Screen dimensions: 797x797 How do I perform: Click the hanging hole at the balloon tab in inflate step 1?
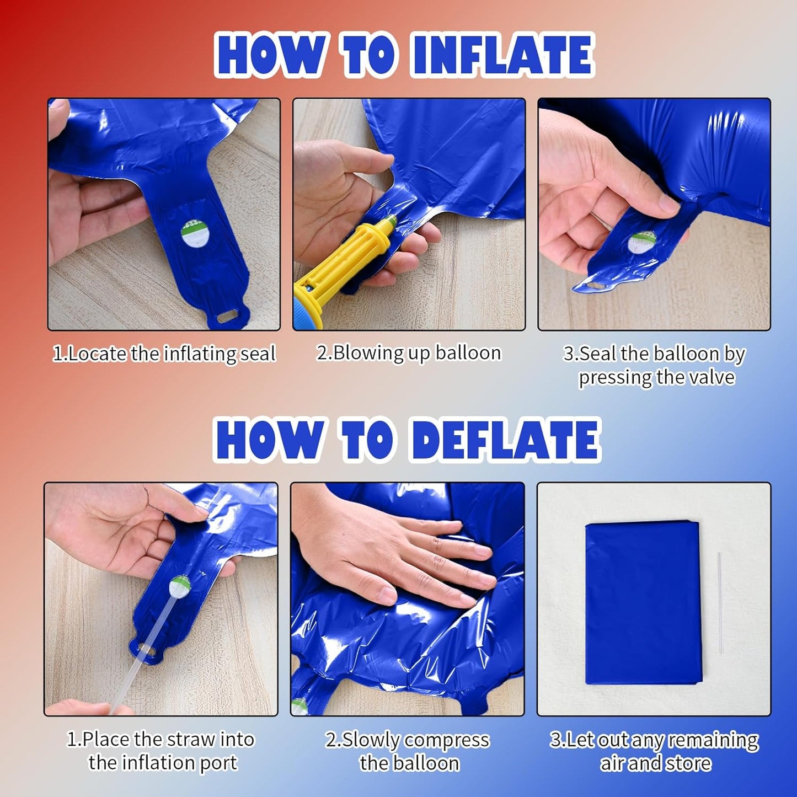pyautogui.click(x=227, y=318)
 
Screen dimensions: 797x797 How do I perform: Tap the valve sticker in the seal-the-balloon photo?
pyautogui.click(x=641, y=243)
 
